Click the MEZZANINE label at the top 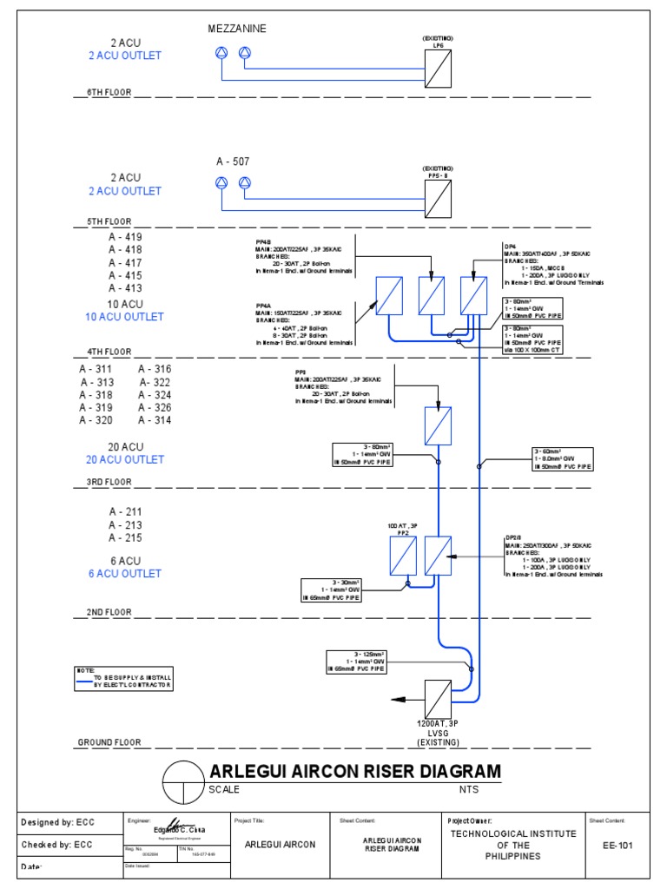point(237,30)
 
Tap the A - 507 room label point(233,161)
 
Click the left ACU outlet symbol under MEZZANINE point(221,55)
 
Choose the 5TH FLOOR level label point(109,222)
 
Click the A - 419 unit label point(125,237)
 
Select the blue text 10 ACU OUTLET point(125,317)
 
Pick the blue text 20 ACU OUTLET point(125,459)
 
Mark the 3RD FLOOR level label point(109,482)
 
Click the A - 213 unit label point(125,525)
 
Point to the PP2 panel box point(403,556)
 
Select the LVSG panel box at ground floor point(438,699)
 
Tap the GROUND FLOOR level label point(109,743)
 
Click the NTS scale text point(469,789)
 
